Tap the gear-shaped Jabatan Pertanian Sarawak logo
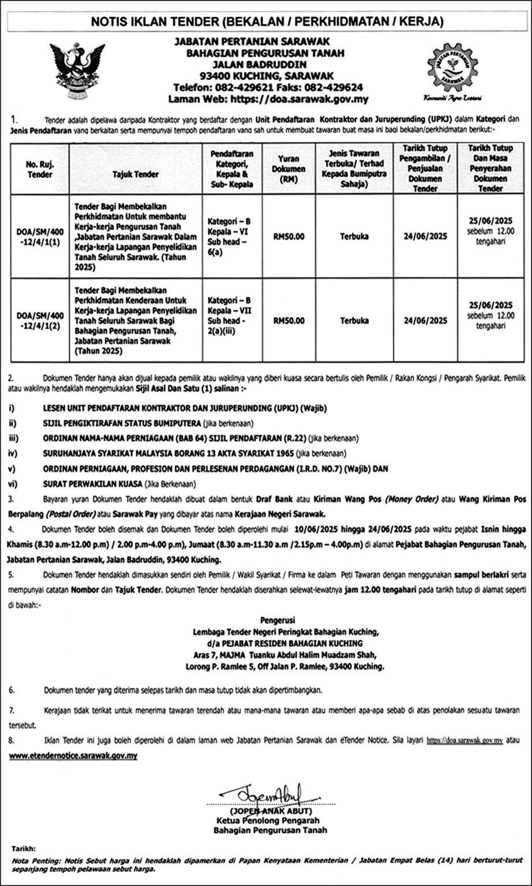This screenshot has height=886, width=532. pyautogui.click(x=452, y=68)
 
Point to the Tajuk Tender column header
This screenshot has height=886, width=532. pyautogui.click(x=136, y=174)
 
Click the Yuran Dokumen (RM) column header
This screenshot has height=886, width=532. pyautogui.click(x=289, y=168)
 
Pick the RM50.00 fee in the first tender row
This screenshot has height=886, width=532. pyautogui.click(x=289, y=236)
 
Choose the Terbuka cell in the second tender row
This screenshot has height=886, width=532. pyautogui.click(x=354, y=321)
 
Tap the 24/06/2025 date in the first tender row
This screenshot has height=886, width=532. pyautogui.click(x=425, y=236)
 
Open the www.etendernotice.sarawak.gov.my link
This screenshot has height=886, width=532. pyautogui.click(x=73, y=755)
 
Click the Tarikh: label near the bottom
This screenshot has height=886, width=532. pyautogui.click(x=23, y=849)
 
